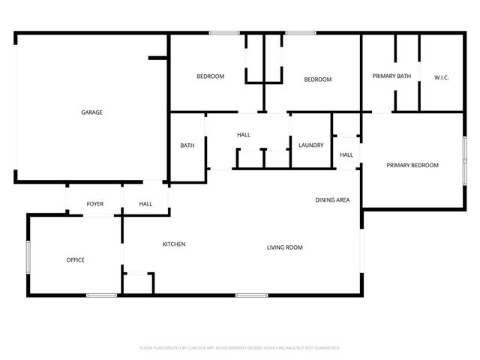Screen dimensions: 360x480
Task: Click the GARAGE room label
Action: point(92,112)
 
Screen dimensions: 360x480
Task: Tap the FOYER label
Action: point(95,204)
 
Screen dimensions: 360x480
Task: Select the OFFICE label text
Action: point(76,260)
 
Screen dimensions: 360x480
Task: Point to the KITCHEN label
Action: point(174,244)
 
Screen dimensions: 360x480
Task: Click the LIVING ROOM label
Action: point(285,247)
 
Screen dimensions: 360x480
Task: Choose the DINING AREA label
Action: point(332,200)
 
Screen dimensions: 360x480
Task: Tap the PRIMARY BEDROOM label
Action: point(412,166)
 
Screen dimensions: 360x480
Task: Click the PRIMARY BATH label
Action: point(391,76)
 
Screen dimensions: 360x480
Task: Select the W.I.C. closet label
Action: point(441,76)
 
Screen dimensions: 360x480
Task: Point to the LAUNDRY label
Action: point(310,145)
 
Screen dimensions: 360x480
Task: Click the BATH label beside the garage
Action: point(187,145)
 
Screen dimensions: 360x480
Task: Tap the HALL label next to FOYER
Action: point(145,204)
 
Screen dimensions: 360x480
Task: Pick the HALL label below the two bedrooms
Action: point(244,135)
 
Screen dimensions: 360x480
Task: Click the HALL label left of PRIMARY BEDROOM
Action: point(346,155)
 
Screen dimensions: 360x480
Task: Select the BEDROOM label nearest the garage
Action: point(211,76)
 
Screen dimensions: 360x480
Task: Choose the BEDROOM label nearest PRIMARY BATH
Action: point(317,79)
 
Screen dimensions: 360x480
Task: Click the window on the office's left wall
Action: point(28,259)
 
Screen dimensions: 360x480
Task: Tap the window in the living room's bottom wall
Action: point(251,295)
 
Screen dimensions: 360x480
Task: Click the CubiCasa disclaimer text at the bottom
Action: point(240,348)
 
